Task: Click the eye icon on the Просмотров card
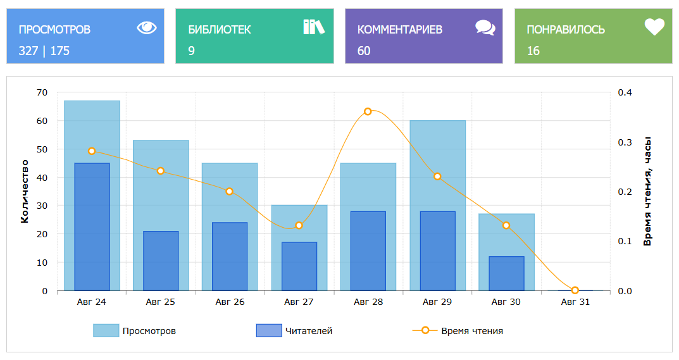(x=146, y=27)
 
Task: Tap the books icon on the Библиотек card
(x=313, y=27)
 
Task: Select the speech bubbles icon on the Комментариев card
(x=485, y=27)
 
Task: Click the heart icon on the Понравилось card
(x=654, y=27)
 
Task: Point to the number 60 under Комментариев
(x=364, y=51)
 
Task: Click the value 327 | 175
(x=44, y=51)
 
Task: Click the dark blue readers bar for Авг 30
(x=506, y=273)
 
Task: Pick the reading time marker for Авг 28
(x=368, y=111)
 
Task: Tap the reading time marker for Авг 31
(x=575, y=290)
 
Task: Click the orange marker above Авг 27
(x=299, y=226)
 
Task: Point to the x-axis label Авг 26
(x=230, y=302)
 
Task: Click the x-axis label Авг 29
(x=437, y=302)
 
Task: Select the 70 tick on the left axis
(x=42, y=92)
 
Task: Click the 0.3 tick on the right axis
(x=625, y=142)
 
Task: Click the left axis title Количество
(x=25, y=192)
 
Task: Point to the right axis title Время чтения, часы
(x=647, y=192)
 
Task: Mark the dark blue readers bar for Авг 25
(x=161, y=261)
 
